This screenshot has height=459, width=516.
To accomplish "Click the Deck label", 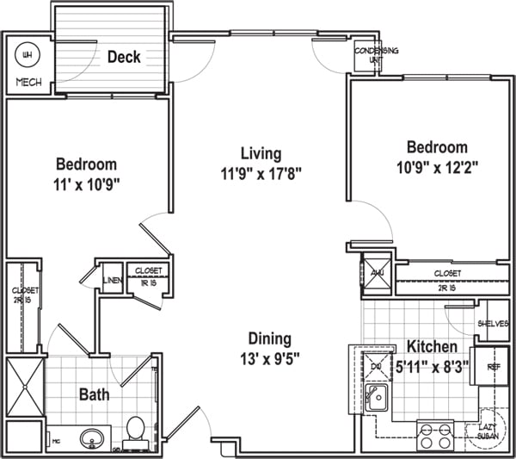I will (x=125, y=58).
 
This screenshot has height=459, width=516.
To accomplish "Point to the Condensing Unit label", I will (x=377, y=55).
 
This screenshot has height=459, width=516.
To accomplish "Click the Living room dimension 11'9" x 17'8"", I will (x=261, y=172).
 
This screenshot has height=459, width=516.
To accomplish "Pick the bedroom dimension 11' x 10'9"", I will (x=86, y=183).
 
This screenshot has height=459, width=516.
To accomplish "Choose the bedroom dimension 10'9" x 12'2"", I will (x=436, y=167).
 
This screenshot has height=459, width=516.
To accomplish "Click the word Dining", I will (x=270, y=338).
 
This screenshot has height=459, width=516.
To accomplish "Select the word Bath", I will (x=95, y=395).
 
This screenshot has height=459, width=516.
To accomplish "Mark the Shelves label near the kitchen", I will (x=494, y=324).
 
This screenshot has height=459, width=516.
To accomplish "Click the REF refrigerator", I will (x=493, y=366).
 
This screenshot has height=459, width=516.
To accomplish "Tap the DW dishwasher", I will (x=375, y=366).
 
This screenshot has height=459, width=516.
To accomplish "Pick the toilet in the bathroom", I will (x=135, y=431).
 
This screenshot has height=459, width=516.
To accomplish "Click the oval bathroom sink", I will (x=93, y=439).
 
